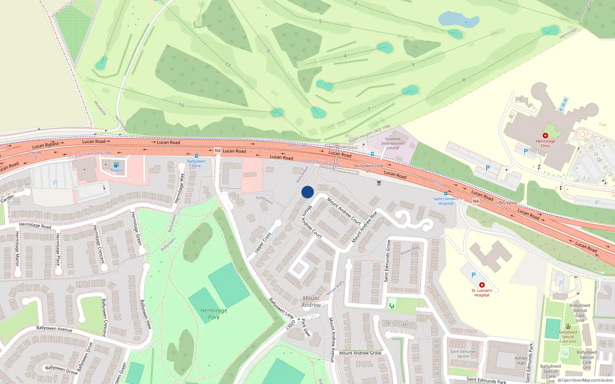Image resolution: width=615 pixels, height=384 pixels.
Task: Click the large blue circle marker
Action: [307, 192]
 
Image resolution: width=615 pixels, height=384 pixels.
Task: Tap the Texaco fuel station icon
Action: [116, 165]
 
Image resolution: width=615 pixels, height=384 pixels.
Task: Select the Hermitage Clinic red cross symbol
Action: [545, 136]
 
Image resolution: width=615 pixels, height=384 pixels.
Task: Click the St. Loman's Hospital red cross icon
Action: [482, 285]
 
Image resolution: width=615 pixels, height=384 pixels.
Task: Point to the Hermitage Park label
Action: [214, 314]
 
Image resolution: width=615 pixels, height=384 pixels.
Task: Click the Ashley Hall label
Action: [521, 360]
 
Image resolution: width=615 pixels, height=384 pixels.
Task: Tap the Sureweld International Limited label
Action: [392, 143]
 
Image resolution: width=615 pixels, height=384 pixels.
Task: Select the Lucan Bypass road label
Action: [46, 145]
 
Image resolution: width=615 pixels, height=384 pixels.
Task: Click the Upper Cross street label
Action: [263, 242]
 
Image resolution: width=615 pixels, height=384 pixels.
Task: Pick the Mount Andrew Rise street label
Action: [364, 227]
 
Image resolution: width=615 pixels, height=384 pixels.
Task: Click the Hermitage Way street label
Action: [180, 188]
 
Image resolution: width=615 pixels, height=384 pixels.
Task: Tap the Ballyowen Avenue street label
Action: [54, 329]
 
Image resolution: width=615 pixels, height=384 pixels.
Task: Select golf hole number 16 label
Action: [181, 105]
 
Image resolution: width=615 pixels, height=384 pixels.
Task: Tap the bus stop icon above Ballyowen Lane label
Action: [196, 156]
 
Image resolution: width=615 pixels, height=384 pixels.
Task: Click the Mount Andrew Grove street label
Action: [360, 353]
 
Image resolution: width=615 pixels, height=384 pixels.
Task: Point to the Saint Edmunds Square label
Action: [463, 354]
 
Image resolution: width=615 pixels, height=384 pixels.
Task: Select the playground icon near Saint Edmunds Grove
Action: [392, 306]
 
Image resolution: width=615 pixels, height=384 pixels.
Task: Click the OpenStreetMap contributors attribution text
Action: [585, 381]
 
